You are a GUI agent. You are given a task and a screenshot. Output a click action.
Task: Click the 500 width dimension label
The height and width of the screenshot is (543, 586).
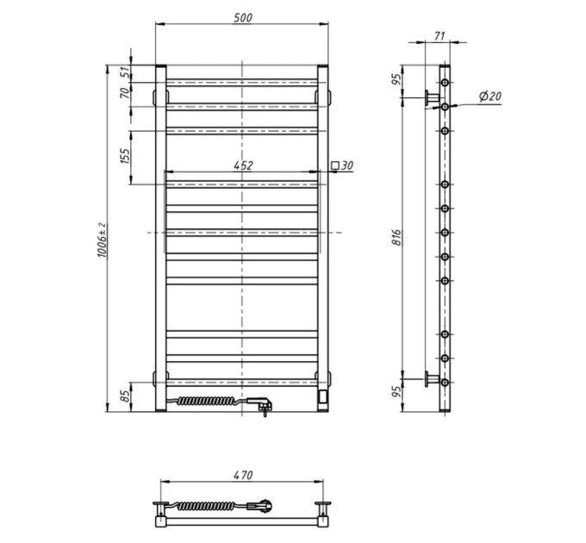point(243,18)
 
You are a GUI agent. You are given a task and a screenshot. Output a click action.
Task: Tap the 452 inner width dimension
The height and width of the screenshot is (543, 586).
point(243,165)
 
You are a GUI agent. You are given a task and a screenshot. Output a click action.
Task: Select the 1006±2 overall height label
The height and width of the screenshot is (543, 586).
point(102,240)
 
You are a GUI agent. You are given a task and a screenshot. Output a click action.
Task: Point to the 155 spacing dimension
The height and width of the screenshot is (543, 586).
point(126,156)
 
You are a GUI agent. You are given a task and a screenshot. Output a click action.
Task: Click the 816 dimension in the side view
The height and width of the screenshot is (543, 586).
point(397,237)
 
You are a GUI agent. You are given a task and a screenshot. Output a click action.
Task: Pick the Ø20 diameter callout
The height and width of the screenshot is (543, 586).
point(490,97)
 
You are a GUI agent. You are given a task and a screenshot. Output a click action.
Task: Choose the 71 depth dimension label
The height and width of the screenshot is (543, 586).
point(439,36)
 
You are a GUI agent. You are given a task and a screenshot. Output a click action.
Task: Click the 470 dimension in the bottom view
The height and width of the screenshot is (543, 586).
point(243,476)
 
